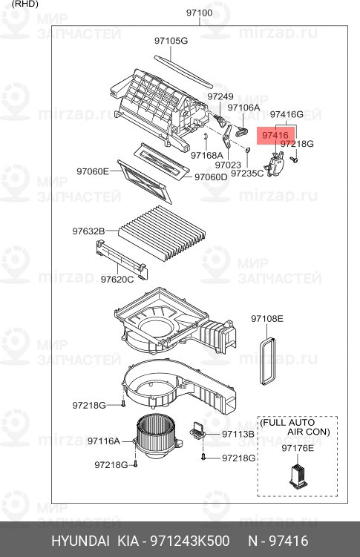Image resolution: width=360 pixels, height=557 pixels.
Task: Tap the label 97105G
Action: click(x=171, y=40)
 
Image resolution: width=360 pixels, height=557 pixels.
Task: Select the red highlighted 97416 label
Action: click(x=274, y=135)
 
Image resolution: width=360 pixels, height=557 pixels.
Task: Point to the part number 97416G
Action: click(x=287, y=114)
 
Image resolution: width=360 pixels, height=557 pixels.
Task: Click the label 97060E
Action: click(x=93, y=171)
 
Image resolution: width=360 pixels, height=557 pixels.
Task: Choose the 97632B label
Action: click(x=88, y=231)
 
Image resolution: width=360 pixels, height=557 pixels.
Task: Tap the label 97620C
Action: click(x=117, y=280)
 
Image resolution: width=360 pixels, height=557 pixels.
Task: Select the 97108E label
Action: click(x=266, y=318)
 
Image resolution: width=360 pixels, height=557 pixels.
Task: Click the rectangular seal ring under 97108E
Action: click(x=266, y=360)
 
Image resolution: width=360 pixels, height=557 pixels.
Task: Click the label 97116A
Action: click(x=103, y=441)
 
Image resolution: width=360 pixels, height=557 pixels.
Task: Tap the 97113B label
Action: click(x=238, y=433)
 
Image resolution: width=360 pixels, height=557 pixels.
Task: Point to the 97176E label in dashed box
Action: click(x=297, y=448)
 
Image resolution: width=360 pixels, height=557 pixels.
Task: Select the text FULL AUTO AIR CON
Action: click(x=298, y=426)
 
